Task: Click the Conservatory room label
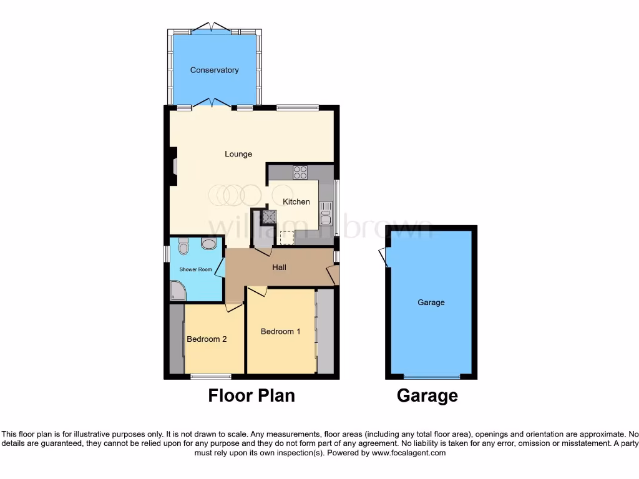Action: point(214,70)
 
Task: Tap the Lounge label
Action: point(238,154)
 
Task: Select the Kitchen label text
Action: point(296,201)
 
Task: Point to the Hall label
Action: point(279,268)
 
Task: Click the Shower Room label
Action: point(196,269)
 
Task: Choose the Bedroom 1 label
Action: point(280,331)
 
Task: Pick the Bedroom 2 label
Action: point(207,339)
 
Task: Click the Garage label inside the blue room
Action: point(431,302)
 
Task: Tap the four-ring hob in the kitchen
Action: point(300,172)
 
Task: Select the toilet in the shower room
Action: point(183,248)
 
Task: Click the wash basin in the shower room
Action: point(209,244)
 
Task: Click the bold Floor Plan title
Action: point(251,395)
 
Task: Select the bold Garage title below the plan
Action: point(427,395)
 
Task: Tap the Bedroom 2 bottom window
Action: point(210,376)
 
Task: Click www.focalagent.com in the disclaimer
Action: point(408,453)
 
